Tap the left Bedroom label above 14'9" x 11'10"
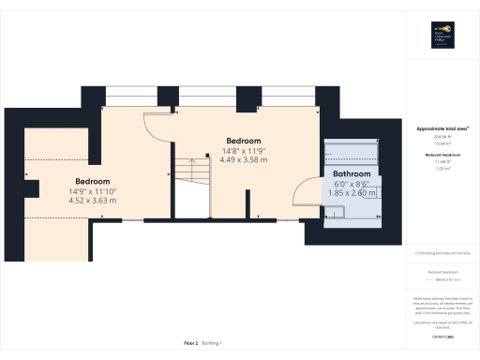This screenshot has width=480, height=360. point(93,181)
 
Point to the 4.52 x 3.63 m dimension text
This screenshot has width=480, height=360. point(93,201)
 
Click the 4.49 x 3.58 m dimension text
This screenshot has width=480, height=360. point(243,159)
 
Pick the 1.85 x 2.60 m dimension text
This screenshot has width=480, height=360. point(352,193)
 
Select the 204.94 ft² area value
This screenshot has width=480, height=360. point(442,136)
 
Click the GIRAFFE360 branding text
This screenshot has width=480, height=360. point(442,335)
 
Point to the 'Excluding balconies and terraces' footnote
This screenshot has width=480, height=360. point(442,253)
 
